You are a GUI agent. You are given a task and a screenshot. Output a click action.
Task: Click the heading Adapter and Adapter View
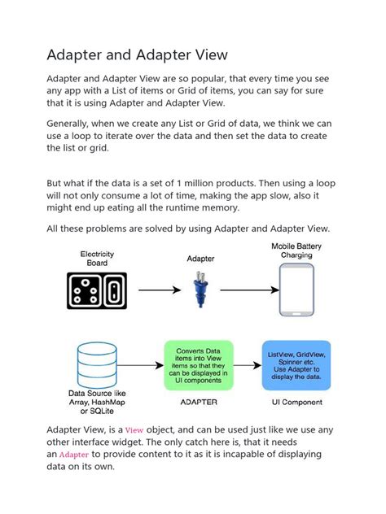137,54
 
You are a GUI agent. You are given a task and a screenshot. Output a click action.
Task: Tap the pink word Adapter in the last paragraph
74,455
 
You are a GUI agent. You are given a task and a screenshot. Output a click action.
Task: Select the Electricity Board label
97,258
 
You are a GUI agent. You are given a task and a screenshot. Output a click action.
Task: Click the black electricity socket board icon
97,289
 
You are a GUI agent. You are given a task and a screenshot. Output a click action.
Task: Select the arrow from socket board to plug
158,290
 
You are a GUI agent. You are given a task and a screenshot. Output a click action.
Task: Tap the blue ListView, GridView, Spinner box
296,364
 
